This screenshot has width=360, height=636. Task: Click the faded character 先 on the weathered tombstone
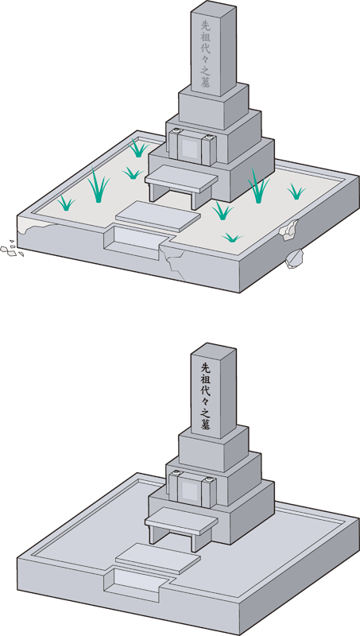click(206, 25)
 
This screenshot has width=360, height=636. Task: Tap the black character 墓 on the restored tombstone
click(206, 425)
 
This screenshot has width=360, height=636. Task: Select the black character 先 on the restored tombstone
click(206, 368)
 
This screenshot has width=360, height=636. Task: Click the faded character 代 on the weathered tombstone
click(206, 48)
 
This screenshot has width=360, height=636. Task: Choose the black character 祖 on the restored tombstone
click(206, 379)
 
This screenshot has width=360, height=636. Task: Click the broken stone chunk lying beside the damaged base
click(294, 258)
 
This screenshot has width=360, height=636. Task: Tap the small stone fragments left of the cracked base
click(11, 249)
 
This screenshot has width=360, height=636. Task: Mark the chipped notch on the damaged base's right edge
click(289, 231)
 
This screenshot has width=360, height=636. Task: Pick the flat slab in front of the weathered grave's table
click(158, 216)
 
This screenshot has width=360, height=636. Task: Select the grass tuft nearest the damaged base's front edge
click(232, 237)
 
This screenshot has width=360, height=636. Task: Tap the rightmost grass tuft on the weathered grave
click(296, 192)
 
